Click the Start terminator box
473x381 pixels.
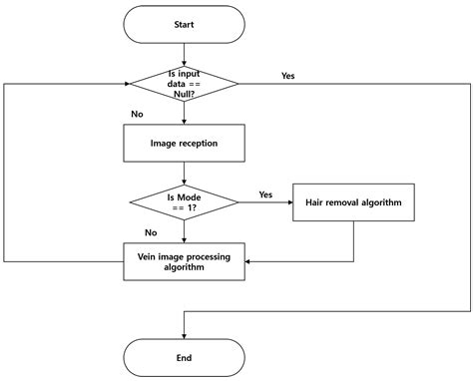pyautogui.click(x=184, y=25)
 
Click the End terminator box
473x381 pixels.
pyautogui.click(x=184, y=356)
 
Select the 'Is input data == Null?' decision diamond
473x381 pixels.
pyautogui.click(x=184, y=85)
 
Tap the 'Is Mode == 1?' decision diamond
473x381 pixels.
pyautogui.click(x=184, y=202)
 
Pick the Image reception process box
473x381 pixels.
pyautogui.click(x=184, y=143)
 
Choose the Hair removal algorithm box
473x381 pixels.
pyautogui.click(x=353, y=202)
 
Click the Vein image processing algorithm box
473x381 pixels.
pyautogui.click(x=184, y=260)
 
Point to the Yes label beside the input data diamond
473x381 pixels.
pyautogui.click(x=288, y=75)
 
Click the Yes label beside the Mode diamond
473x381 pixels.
pyautogui.click(x=265, y=193)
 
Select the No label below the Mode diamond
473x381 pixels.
pyautogui.click(x=151, y=231)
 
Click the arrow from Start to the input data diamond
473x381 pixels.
pyautogui.click(x=184, y=54)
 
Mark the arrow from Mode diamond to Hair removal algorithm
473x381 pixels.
pyautogui.click(x=264, y=202)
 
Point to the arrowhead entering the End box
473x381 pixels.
pyautogui.click(x=184, y=334)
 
